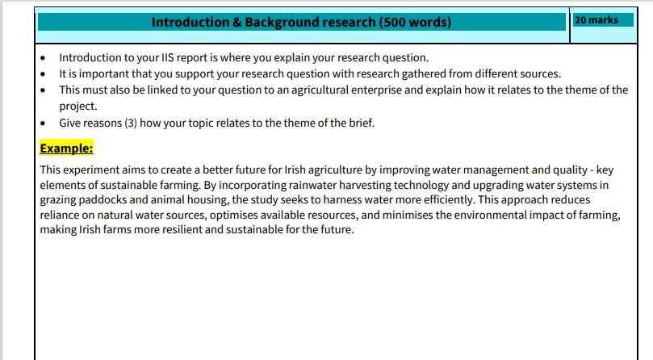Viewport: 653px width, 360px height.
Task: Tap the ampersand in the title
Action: [x=237, y=22]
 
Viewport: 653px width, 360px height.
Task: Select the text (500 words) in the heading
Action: [x=415, y=22]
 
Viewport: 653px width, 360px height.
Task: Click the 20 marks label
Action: [x=596, y=20]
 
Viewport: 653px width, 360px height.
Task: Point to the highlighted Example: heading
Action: [x=67, y=149]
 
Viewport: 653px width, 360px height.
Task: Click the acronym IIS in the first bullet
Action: [x=167, y=57]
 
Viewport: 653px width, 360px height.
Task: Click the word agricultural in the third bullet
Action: [x=320, y=90]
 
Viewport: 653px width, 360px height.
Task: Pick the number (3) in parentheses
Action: [x=131, y=123]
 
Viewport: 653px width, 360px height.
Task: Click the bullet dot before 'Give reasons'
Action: [x=43, y=123]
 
